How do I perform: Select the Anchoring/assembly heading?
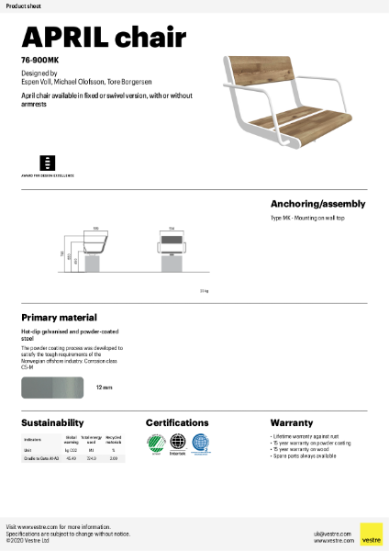click(x=317, y=203)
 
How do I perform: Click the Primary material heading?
click(x=60, y=317)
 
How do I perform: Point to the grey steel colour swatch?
click(x=52, y=388)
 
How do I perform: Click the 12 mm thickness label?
click(x=104, y=388)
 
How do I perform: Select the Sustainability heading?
click(x=52, y=422)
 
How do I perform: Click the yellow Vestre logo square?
click(x=371, y=534)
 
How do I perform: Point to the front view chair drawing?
click(x=172, y=247)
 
